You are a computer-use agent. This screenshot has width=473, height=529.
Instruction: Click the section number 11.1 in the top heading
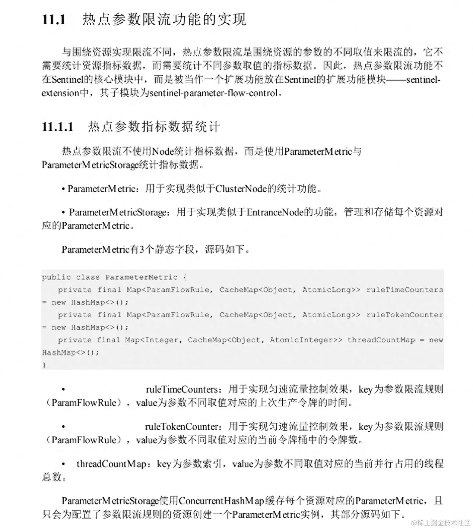(x=54, y=20)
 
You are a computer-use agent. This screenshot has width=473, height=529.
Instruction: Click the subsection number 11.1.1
(x=58, y=127)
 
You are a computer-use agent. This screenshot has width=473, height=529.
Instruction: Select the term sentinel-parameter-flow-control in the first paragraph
(x=214, y=93)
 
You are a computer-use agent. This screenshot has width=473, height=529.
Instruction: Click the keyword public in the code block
(x=56, y=277)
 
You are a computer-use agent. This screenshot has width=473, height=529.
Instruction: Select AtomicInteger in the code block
(x=301, y=340)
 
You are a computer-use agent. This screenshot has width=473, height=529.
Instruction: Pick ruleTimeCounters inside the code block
(x=404, y=290)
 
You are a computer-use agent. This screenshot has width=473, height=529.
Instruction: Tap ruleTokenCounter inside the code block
(x=404, y=315)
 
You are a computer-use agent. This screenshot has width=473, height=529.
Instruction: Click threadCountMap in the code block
(x=381, y=340)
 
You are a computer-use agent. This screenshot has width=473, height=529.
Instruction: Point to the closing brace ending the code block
(x=44, y=365)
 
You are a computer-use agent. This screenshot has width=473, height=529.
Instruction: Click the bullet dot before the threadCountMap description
(x=64, y=464)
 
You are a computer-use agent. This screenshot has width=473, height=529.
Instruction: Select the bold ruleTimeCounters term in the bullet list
(x=182, y=390)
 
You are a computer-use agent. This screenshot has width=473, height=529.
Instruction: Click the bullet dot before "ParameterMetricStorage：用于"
(x=64, y=212)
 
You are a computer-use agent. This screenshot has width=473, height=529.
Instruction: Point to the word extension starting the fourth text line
(x=60, y=93)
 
